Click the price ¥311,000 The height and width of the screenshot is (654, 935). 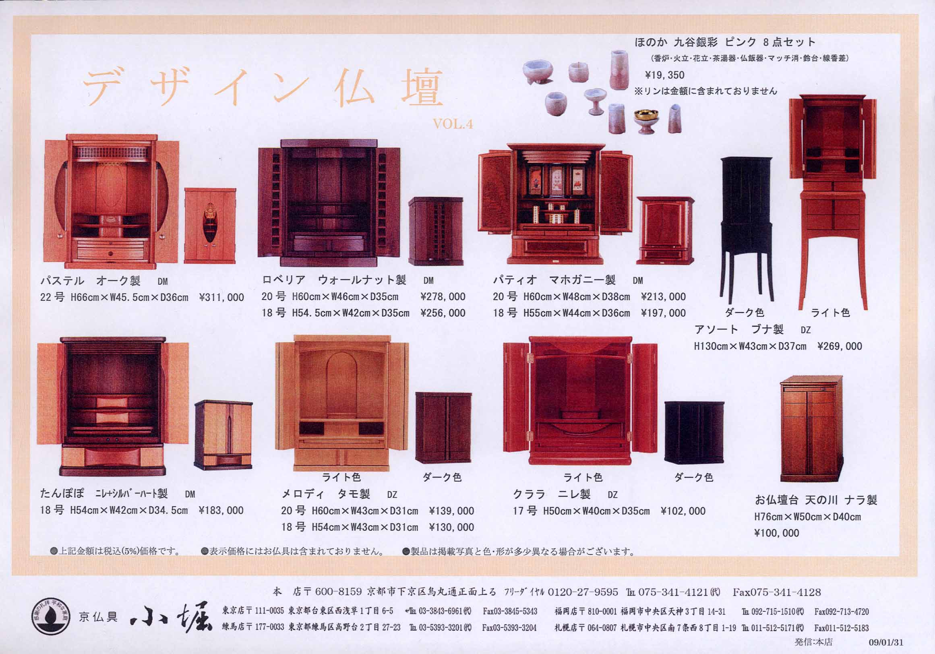[221, 297]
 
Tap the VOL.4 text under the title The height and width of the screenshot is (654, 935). [453, 124]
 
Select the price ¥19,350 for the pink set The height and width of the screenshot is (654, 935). [664, 75]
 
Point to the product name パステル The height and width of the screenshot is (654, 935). [62, 281]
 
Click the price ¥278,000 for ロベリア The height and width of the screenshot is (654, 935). [443, 296]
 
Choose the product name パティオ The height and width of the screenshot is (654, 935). [515, 280]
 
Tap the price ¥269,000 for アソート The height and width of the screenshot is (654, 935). [840, 346]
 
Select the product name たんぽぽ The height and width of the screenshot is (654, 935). [62, 494]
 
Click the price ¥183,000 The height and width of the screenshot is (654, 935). [221, 510]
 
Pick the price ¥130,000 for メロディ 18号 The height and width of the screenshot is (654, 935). [452, 528]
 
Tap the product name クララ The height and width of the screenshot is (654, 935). [529, 495]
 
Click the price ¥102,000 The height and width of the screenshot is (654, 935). [683, 511]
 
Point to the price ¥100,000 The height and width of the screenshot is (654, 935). [777, 533]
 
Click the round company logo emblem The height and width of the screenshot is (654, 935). [50, 617]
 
